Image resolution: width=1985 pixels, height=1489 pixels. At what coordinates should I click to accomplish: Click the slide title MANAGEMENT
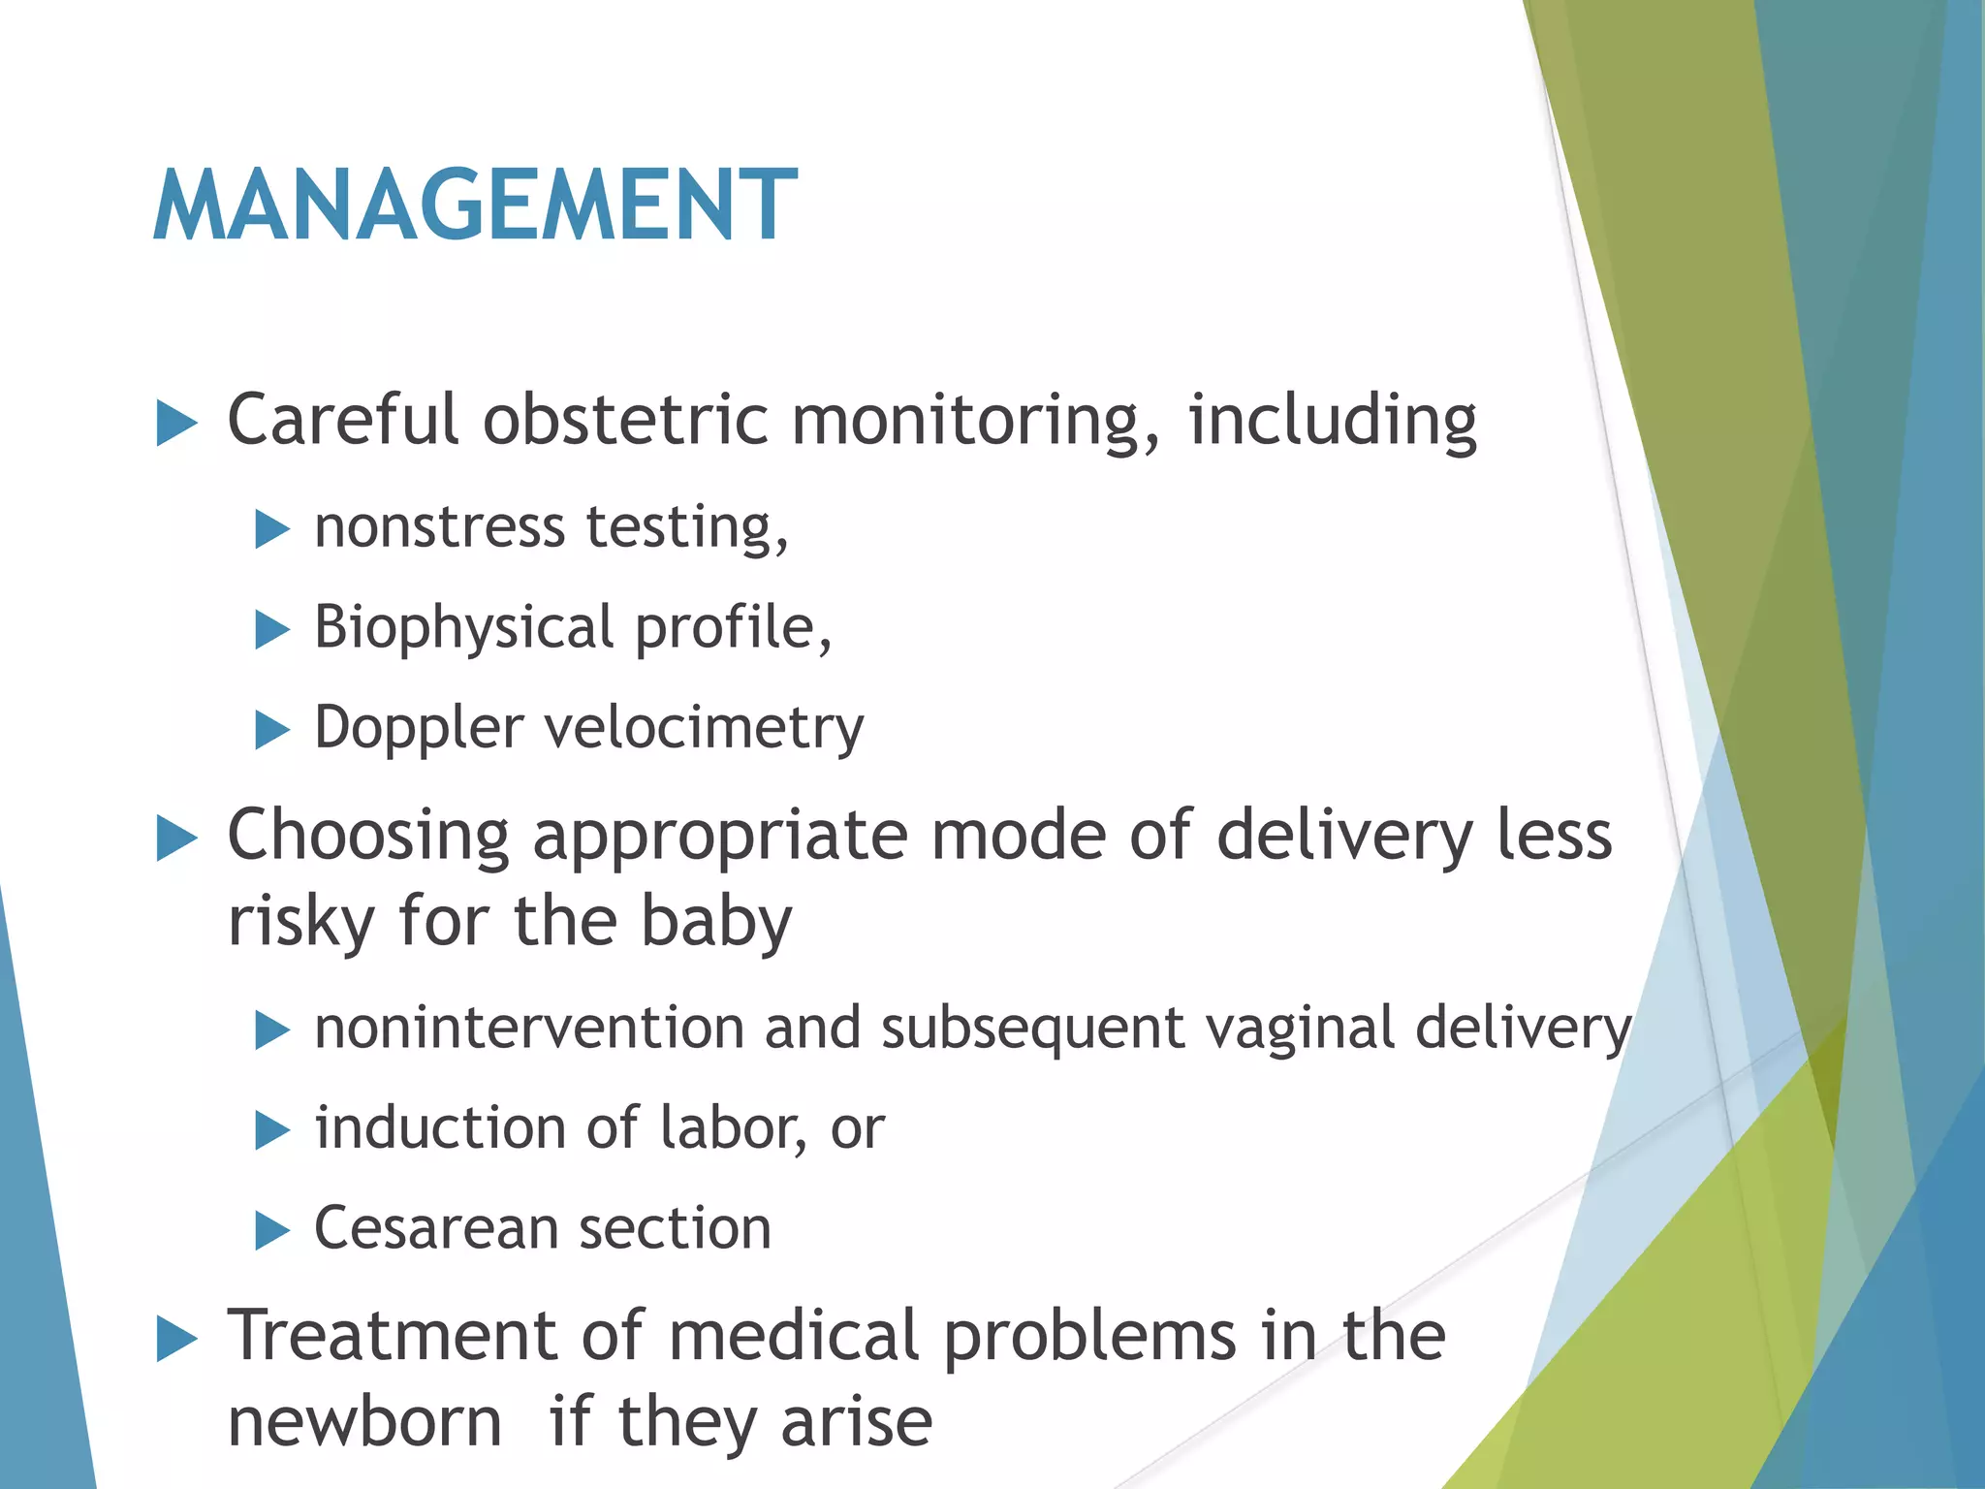tap(475, 206)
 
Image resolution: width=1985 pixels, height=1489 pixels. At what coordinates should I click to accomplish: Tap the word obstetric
tap(625, 421)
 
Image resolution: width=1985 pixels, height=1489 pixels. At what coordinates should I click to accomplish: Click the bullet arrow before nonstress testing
tap(272, 530)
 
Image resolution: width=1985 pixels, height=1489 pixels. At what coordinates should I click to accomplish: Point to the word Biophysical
tap(463, 628)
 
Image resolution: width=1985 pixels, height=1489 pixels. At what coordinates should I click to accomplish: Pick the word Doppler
tap(419, 729)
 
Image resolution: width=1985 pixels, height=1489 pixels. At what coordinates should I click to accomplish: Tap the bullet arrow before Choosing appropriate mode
tap(176, 838)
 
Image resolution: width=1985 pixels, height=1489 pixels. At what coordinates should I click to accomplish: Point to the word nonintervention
tap(528, 1028)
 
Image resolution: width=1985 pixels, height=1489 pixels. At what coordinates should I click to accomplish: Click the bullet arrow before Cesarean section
tap(272, 1231)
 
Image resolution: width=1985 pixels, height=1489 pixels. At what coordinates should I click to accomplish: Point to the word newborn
tap(364, 1423)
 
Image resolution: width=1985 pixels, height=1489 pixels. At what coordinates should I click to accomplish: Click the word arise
tap(857, 1423)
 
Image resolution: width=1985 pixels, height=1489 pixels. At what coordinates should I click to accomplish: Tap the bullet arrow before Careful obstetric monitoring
tap(176, 424)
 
